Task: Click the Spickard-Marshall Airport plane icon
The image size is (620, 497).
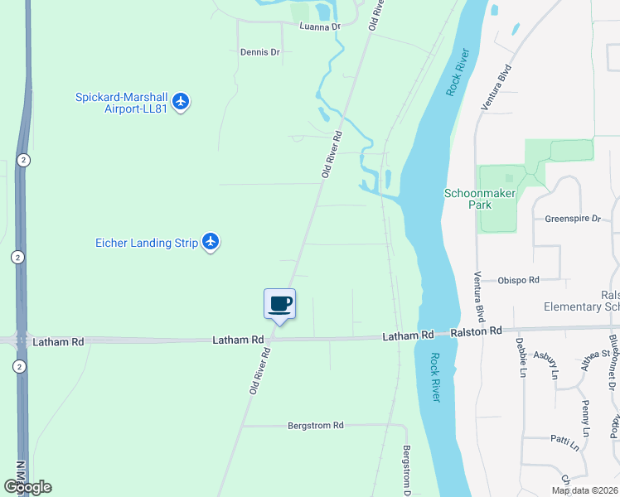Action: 182,102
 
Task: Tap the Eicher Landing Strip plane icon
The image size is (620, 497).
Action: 211,242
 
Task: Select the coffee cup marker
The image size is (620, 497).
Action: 279,304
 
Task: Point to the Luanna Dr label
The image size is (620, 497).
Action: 321,27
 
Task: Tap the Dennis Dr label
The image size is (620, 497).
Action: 260,51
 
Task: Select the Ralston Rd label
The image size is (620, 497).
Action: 477,331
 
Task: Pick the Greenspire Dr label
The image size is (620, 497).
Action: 572,219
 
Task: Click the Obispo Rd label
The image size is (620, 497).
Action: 519,280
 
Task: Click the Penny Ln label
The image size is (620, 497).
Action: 586,418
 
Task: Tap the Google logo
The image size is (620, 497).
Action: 27,487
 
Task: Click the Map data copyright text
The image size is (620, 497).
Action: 585,490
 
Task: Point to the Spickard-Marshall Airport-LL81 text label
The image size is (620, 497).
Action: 122,103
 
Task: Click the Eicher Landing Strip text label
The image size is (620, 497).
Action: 147,243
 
